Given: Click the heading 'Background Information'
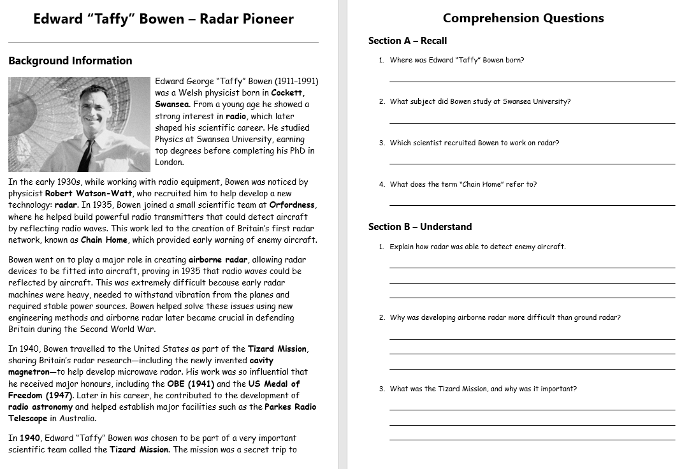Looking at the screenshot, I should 70,61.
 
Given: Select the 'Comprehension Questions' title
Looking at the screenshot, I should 523,18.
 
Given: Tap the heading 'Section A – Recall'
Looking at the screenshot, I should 407,41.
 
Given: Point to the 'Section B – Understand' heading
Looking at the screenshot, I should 420,227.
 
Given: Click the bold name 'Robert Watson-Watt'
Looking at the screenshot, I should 89,193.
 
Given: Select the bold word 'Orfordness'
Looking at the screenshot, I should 293,205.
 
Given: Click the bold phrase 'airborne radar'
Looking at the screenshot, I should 217,259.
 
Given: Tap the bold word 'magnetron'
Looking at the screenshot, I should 28,372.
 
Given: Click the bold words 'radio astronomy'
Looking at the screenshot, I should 40,407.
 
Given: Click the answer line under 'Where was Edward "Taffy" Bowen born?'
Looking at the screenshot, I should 532,82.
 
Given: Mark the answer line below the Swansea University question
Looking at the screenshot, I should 532,123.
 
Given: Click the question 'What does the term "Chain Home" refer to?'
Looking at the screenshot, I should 463,184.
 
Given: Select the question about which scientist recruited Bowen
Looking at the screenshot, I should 474,143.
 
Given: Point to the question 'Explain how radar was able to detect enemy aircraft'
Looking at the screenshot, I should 477,247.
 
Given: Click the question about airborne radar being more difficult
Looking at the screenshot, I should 505,317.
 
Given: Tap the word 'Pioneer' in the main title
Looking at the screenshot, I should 268,18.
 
